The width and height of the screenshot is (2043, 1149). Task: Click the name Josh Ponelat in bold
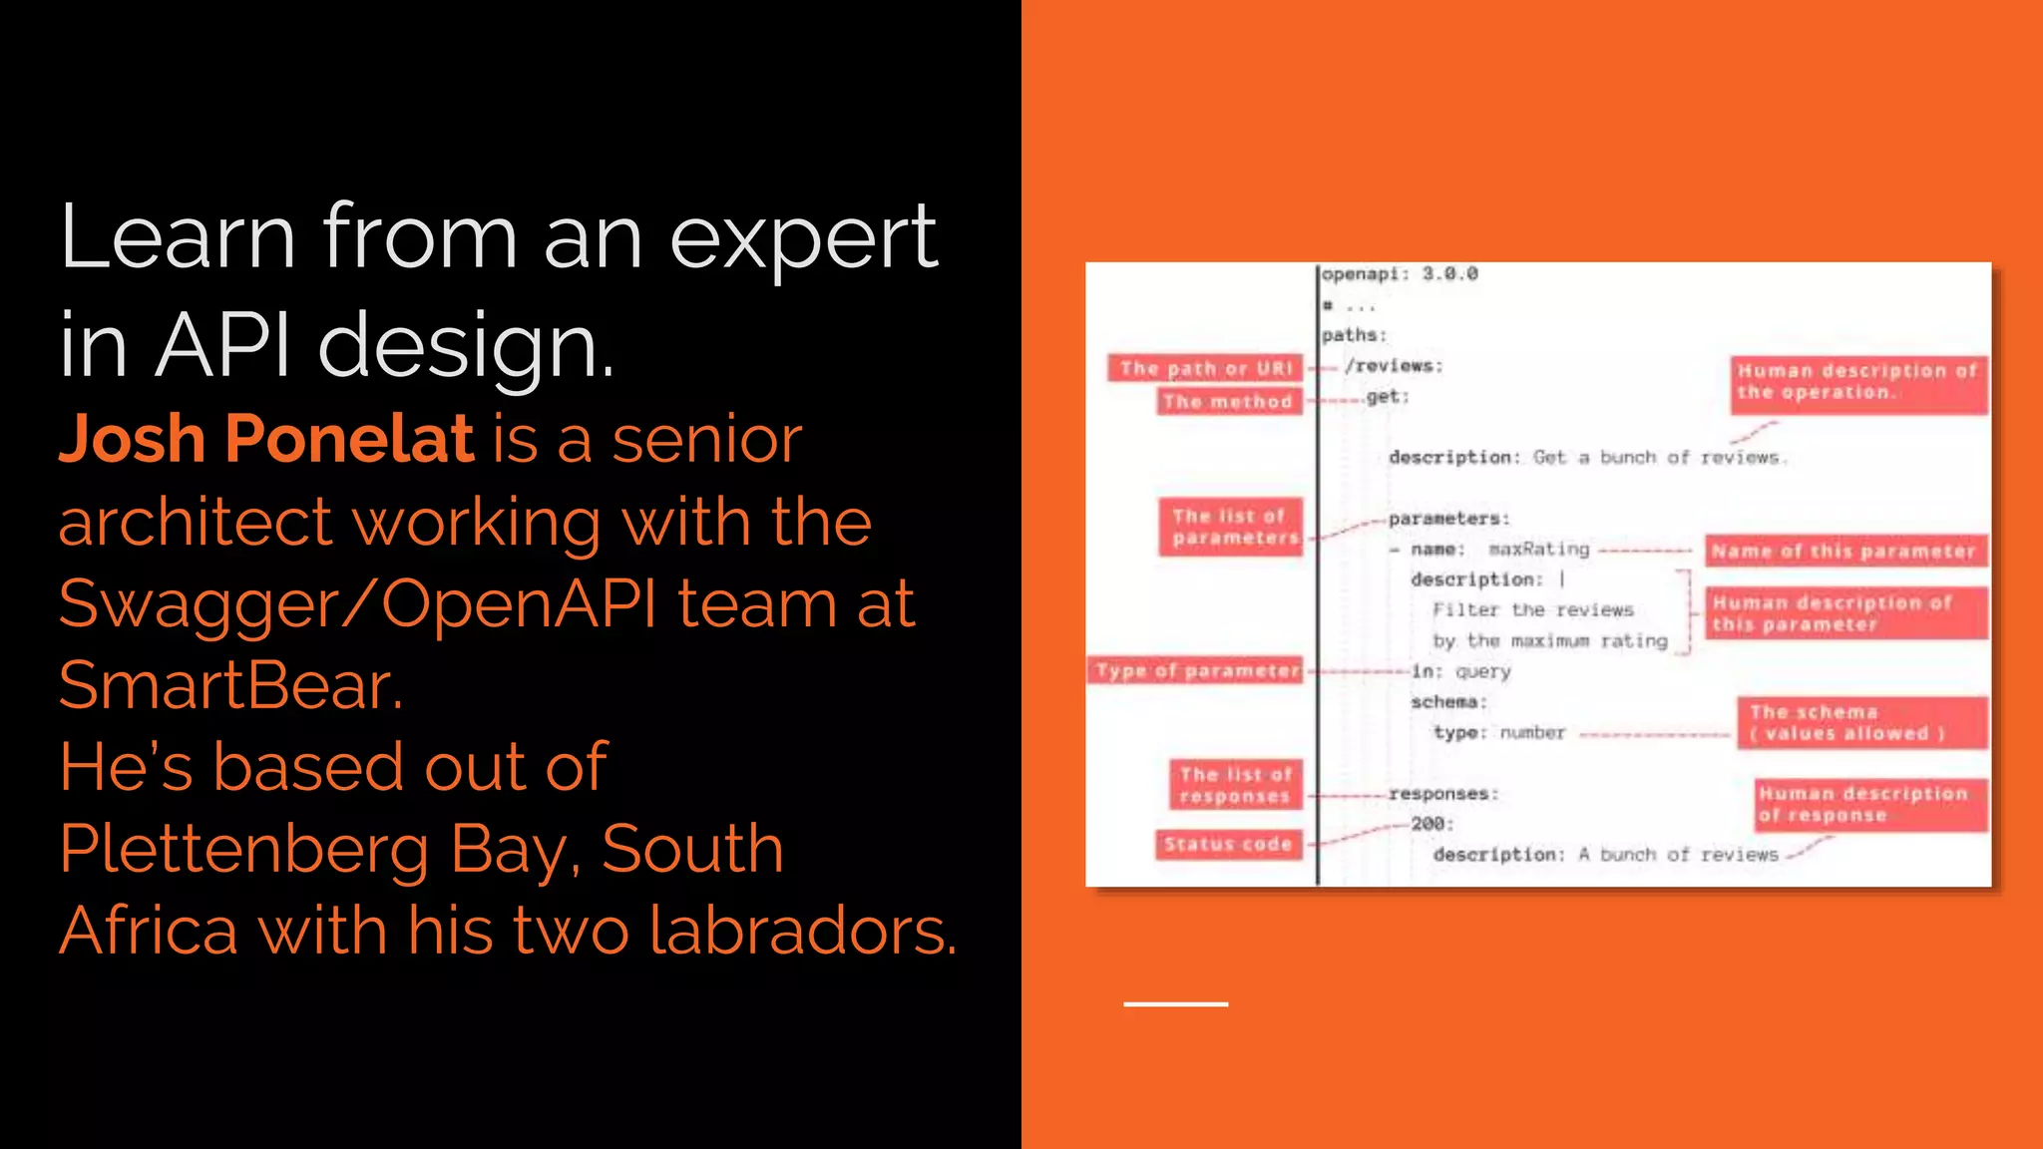(265, 439)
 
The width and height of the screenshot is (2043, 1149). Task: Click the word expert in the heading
(803, 237)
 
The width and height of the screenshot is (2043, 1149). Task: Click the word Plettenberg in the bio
(243, 849)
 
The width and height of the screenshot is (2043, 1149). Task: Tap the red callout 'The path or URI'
(1205, 368)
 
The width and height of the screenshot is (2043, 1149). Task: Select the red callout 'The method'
(1228, 401)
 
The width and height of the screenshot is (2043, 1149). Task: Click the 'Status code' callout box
(1228, 844)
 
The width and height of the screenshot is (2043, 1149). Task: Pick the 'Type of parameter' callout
(1197, 670)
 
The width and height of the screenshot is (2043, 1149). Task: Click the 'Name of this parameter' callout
(1844, 551)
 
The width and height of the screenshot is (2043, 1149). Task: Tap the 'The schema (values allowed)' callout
(1861, 722)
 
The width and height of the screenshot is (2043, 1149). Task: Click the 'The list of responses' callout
(1236, 784)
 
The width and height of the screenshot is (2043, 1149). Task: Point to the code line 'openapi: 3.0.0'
(1400, 273)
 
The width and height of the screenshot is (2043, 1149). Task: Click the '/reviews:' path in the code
(1394, 366)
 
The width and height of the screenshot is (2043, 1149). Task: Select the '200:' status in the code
(1431, 824)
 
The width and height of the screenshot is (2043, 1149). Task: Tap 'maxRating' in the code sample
(1538, 550)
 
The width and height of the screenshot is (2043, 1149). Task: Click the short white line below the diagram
(1175, 1003)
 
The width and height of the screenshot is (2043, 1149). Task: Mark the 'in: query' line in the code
(1460, 671)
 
